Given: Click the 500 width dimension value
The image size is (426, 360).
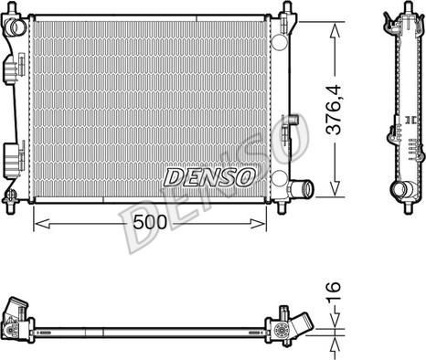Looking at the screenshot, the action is [x=150, y=222].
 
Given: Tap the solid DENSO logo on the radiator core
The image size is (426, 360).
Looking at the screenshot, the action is [x=209, y=177].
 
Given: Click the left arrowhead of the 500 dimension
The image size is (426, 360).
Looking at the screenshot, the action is [x=41, y=224].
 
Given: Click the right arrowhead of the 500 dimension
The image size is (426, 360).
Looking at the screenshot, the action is [x=258, y=224].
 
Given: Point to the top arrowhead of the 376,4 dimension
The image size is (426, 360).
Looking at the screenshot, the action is [x=335, y=31].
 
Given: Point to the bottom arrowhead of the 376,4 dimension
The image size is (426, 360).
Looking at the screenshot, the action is [x=335, y=188].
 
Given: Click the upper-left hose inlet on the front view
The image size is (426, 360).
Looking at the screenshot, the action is [x=16, y=27].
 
